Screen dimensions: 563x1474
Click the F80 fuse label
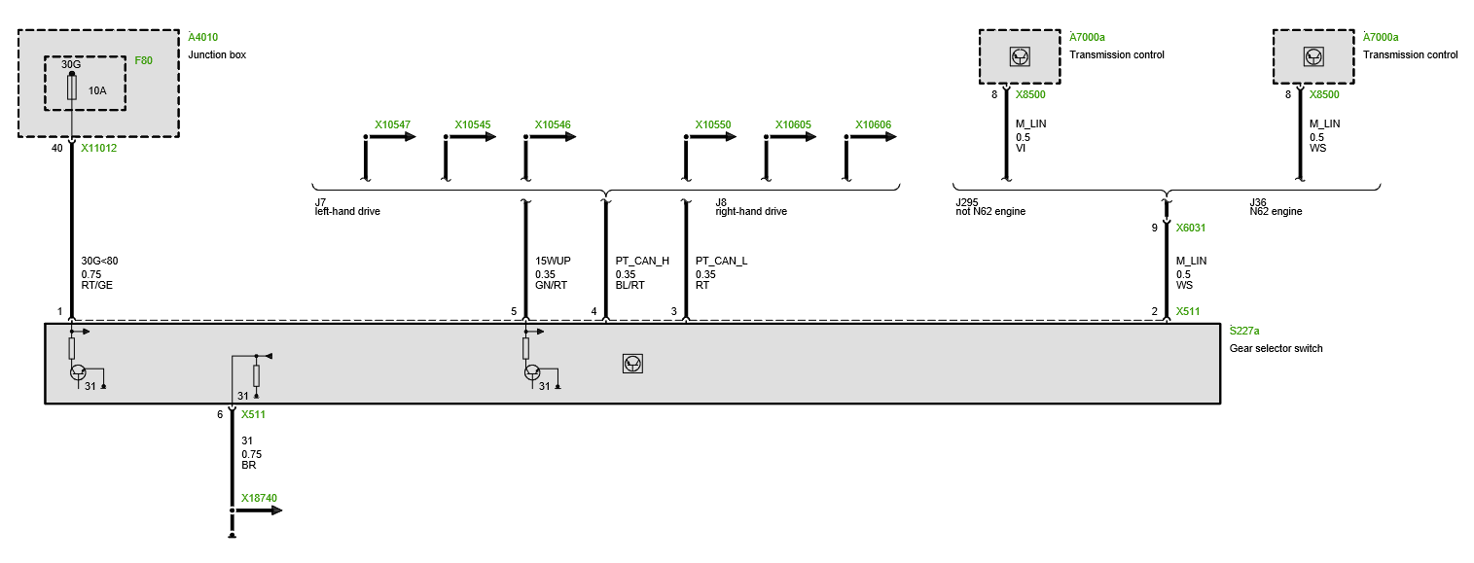143,60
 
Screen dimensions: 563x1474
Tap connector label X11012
99,149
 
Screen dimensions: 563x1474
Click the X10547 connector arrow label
392,125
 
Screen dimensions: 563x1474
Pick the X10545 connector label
472,125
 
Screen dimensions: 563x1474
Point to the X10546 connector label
552,125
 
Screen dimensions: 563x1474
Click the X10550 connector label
712,125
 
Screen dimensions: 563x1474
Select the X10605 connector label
792,125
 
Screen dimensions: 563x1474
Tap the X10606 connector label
873,125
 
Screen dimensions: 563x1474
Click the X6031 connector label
1190,228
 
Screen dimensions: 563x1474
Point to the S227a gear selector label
1244,331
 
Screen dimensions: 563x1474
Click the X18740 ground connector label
259,498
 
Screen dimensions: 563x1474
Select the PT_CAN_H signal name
642,261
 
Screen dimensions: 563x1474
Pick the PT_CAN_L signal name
721,261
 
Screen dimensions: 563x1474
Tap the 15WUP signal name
553,261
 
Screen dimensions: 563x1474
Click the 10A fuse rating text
97,90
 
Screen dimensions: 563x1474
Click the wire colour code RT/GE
95,286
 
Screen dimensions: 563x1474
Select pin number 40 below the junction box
56,149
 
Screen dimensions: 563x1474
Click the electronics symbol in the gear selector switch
632,364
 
